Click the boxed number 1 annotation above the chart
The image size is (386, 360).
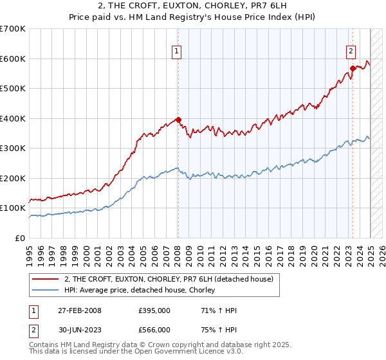[176, 53]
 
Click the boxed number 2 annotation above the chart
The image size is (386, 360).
[351, 53]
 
